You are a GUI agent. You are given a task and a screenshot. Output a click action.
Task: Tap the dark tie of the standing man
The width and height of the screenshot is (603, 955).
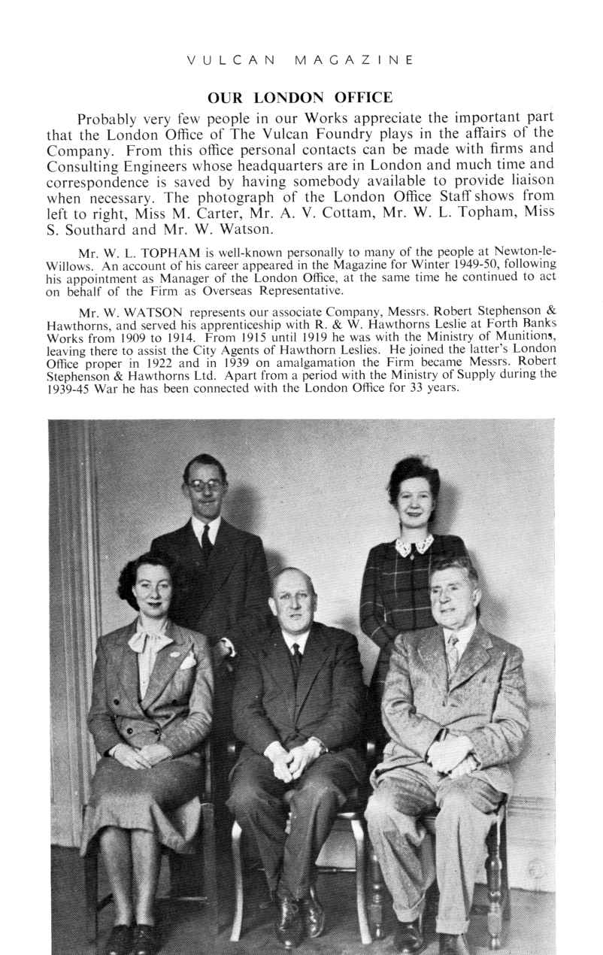206,541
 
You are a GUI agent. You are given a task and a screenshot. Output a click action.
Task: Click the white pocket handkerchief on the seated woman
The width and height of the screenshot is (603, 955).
186,660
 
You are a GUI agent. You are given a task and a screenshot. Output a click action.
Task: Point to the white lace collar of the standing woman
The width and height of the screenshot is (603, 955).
414,544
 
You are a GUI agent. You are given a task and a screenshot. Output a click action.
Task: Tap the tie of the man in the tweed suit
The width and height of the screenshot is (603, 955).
452,651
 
